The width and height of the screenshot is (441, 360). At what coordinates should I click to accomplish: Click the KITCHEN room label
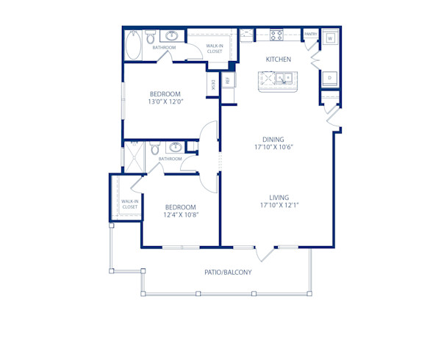(279, 59)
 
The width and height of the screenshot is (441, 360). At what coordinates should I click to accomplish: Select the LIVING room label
(279, 197)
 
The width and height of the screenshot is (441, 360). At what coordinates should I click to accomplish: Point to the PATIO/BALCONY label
(228, 273)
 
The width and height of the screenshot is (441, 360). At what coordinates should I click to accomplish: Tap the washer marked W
(330, 37)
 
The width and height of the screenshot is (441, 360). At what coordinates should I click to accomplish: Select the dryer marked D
(330, 77)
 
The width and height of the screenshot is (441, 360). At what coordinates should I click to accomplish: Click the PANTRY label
(310, 34)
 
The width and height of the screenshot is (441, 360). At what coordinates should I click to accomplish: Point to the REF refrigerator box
(228, 80)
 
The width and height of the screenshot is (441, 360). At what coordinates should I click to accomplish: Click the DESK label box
(213, 84)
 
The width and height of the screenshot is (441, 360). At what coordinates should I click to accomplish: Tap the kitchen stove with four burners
(276, 35)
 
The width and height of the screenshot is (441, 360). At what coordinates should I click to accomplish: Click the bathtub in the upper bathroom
(134, 46)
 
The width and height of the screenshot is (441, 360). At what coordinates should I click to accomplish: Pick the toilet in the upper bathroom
(149, 37)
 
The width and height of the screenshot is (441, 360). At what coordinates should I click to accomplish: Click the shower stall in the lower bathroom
(134, 156)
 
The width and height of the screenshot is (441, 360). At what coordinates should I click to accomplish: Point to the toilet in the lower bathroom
(154, 150)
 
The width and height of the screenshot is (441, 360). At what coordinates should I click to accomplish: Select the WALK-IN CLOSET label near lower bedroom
(129, 204)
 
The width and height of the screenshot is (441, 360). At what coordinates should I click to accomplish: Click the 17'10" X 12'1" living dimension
(279, 206)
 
